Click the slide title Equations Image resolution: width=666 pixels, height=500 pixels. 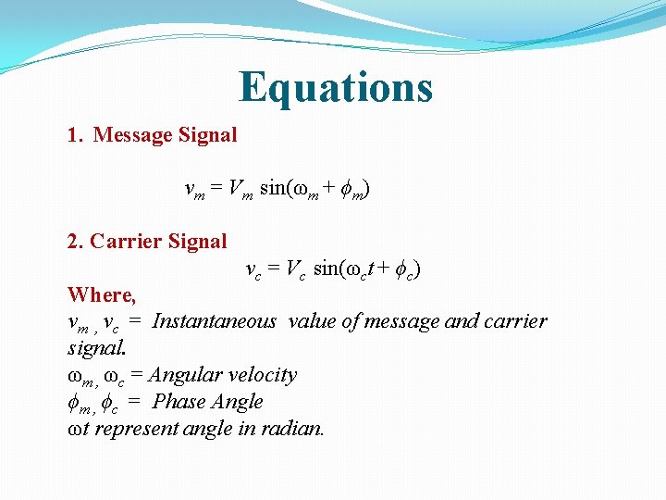[335, 87]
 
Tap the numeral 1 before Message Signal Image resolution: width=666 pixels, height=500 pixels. [73, 135]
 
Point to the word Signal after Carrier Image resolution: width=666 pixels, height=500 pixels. [197, 242]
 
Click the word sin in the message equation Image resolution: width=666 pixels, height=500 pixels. [273, 189]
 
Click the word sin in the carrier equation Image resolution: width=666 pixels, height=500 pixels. [327, 269]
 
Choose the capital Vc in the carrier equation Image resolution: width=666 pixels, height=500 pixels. [295, 270]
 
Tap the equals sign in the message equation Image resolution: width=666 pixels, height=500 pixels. [215, 189]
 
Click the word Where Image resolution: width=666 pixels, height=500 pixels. [101, 295]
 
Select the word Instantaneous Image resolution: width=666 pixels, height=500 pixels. [214, 321]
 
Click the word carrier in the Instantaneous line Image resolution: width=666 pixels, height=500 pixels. [515, 321]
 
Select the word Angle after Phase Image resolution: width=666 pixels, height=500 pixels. [238, 402]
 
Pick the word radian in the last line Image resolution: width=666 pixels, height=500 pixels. [295, 429]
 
